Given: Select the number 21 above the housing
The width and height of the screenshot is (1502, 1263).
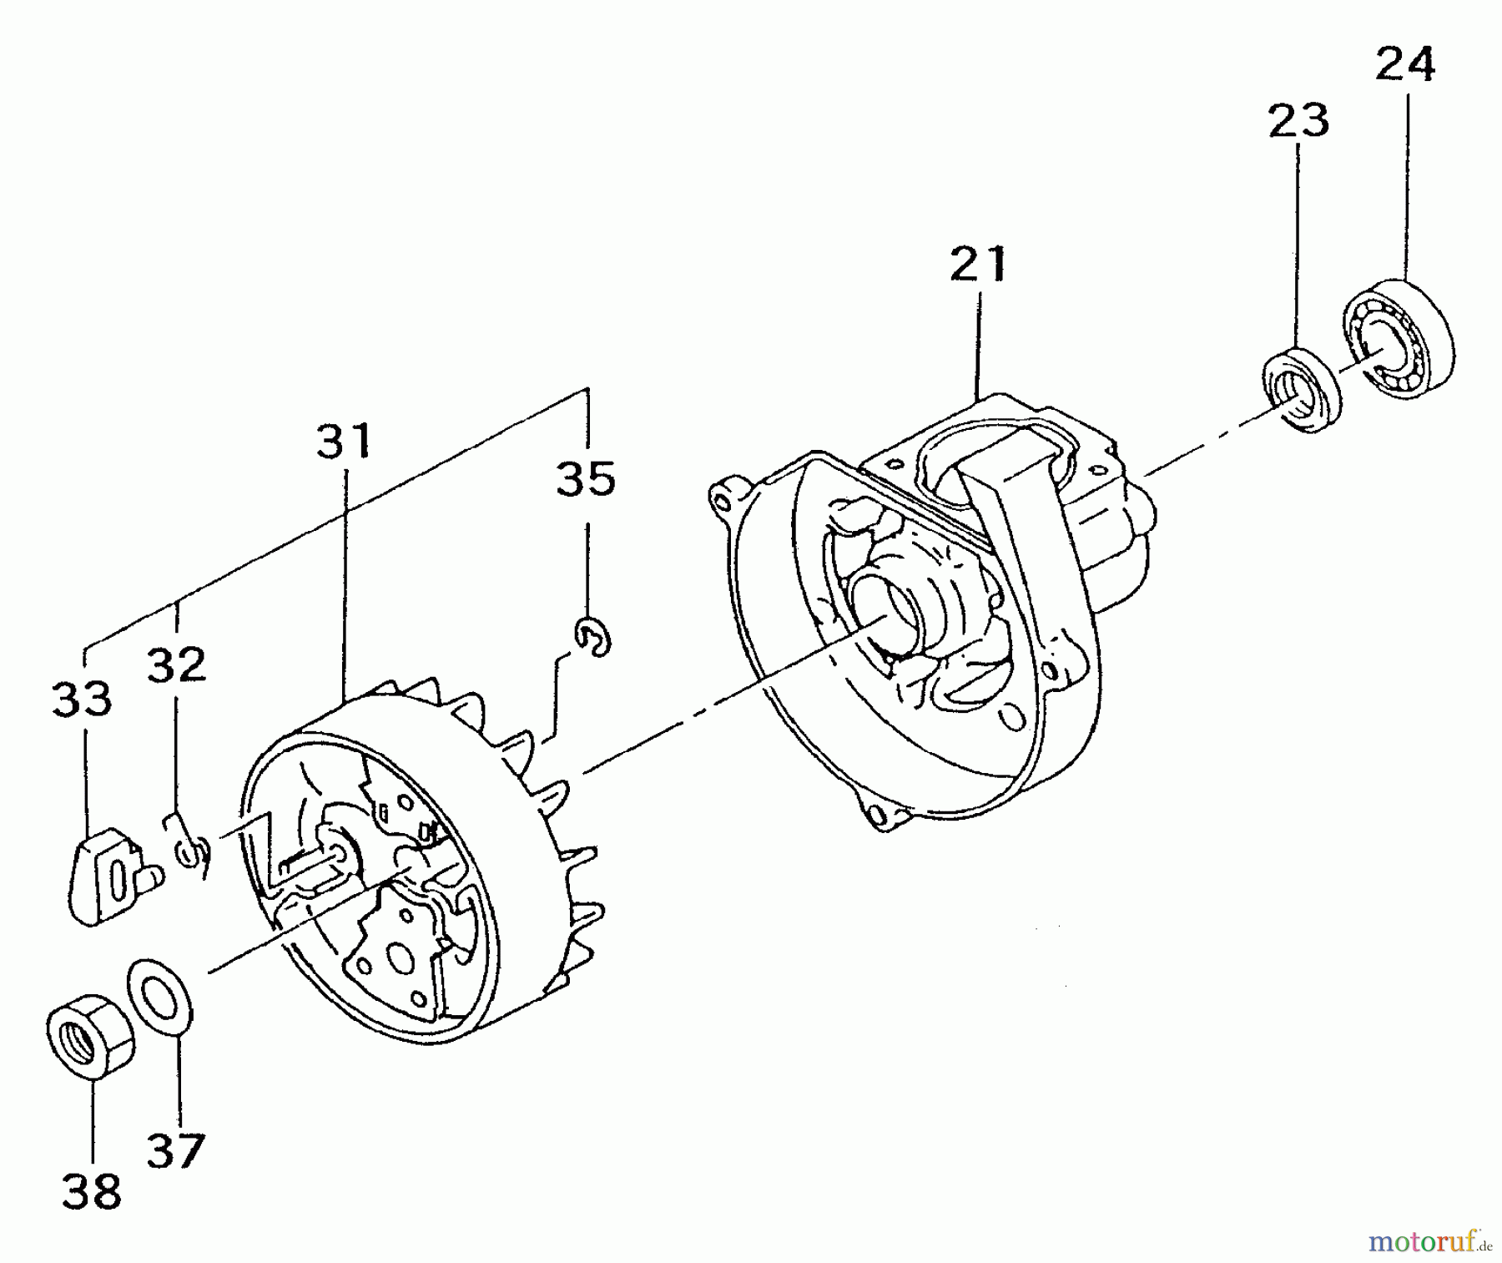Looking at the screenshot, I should pos(979,265).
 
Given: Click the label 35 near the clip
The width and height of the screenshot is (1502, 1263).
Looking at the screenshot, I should pos(586,479).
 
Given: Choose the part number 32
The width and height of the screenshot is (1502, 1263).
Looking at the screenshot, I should pos(176,664).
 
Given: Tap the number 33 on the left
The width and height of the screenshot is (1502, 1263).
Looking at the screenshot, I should pos(82,700).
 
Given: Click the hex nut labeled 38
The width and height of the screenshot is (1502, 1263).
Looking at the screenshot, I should pos(87,1034).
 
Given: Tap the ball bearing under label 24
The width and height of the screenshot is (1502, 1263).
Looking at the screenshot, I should pos(1397,339).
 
